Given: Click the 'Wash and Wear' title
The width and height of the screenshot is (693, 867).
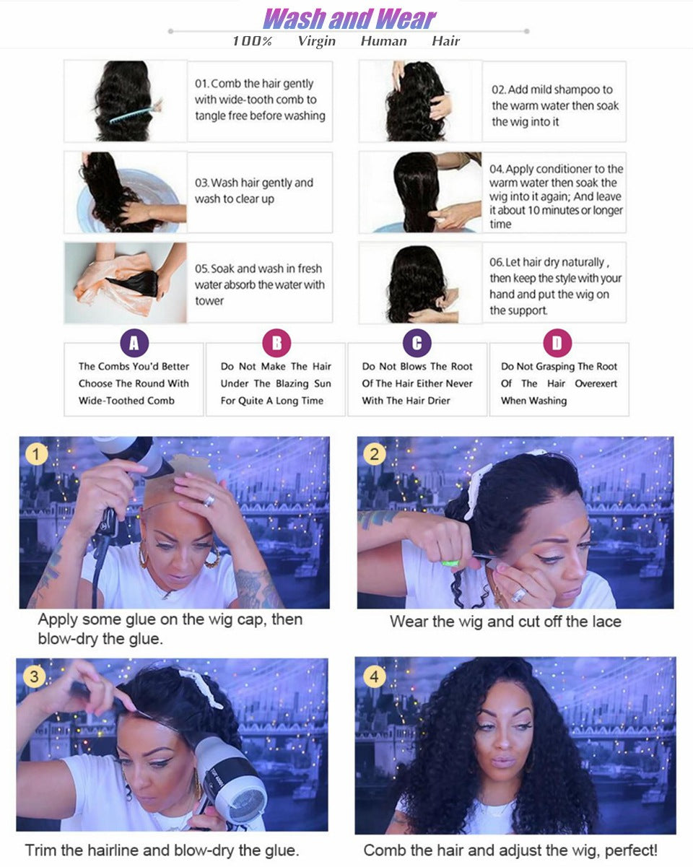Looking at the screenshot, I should [x=349, y=18].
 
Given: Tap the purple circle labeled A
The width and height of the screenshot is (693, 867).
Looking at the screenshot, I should [x=134, y=344].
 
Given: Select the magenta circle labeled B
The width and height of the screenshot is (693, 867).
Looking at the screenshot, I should [x=276, y=344].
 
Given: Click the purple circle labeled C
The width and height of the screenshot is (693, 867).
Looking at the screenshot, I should [x=417, y=344].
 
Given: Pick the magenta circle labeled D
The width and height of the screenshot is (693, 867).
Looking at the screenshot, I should [x=557, y=344].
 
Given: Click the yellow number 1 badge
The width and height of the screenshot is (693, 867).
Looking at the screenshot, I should [x=36, y=454].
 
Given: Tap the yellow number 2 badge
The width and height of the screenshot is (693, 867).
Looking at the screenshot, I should [x=374, y=454].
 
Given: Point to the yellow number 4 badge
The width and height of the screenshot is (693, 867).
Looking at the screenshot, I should [x=373, y=677].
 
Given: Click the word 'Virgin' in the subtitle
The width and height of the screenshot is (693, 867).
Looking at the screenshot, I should [x=316, y=41].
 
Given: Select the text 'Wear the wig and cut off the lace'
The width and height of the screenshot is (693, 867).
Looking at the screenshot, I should [x=505, y=622].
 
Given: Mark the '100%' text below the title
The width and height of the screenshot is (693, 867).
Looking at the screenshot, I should [x=252, y=41].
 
